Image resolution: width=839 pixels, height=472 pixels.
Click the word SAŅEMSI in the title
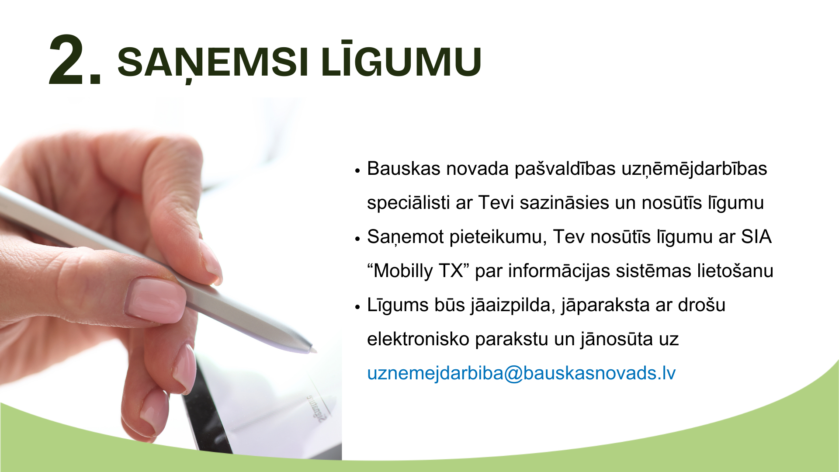point(213,62)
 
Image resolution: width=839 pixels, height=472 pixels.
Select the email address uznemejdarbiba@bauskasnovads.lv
point(521,373)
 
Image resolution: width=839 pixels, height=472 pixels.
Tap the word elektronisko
point(418,339)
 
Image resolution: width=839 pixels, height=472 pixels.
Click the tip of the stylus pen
point(315,351)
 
